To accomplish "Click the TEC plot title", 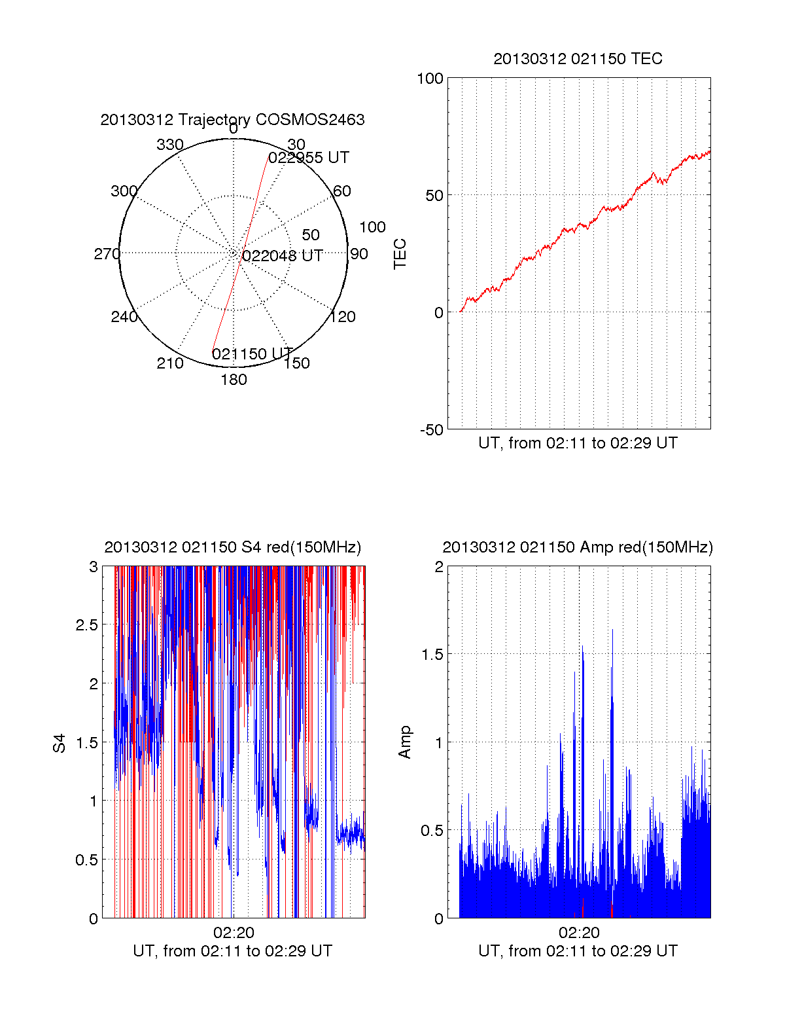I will click(578, 59).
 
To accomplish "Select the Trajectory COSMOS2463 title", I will click(232, 120).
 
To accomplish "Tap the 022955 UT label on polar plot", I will click(309, 158).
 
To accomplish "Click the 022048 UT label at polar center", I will click(283, 255).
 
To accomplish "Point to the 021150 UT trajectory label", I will click(252, 354).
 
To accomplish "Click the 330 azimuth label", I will click(170, 145).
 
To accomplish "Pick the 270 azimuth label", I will click(107, 254).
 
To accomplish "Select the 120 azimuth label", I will click(343, 317).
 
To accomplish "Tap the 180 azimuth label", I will click(234, 380).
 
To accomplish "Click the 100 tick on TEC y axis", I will click(430, 79).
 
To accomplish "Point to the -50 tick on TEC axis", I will click(431, 430).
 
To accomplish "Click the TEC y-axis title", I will click(400, 254).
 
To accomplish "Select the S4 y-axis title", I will click(60, 743).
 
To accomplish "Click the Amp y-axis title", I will click(405, 742).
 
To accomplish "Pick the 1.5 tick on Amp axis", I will click(431, 654).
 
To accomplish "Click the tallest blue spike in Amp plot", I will click(612, 632).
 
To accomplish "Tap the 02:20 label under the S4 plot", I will click(234, 932).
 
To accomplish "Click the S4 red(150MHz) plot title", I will click(232, 547).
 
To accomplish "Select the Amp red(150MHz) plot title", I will click(578, 547).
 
